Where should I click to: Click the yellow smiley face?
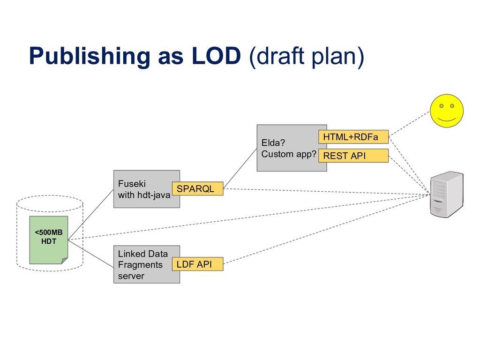(x=447, y=111)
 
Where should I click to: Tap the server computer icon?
(x=447, y=194)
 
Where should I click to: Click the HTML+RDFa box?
(x=353, y=136)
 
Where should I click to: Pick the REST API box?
(x=353, y=156)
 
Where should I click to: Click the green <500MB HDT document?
(x=49, y=240)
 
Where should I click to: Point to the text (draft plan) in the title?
(x=306, y=57)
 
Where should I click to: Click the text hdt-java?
(x=153, y=195)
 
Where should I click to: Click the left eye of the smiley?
(x=441, y=106)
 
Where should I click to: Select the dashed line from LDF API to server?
(x=328, y=229)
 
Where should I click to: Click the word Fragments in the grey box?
(x=140, y=265)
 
